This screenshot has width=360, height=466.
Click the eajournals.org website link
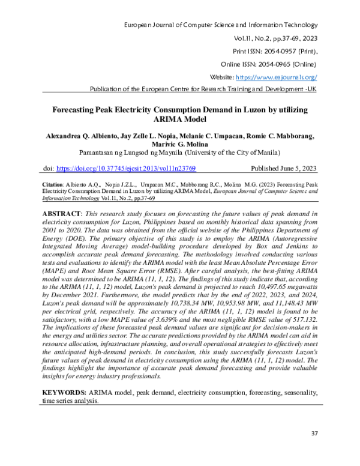click(x=277, y=77)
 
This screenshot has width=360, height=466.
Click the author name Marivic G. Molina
click(x=179, y=144)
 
